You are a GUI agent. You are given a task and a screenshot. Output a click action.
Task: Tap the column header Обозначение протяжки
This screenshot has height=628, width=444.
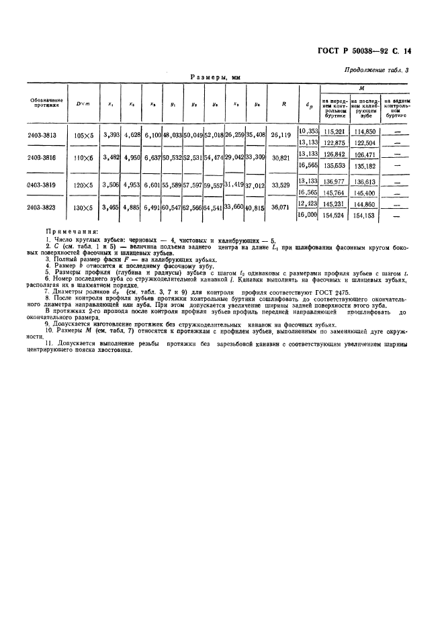(47, 103)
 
